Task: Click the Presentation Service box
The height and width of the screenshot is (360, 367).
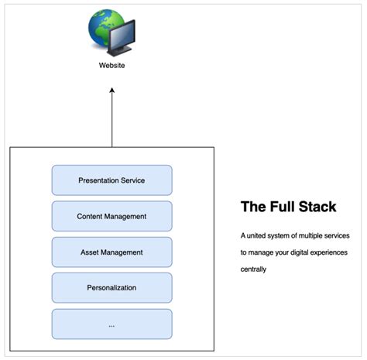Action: click(111, 180)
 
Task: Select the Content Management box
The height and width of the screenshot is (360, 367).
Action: click(111, 216)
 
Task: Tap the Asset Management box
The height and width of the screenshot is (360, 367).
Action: click(111, 252)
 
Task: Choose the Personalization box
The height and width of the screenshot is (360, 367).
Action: click(111, 288)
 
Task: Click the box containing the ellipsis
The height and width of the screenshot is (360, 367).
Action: click(111, 324)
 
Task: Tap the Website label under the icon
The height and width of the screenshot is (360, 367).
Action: click(111, 66)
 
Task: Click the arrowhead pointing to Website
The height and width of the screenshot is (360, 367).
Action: click(111, 90)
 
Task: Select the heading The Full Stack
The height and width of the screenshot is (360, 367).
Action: click(288, 207)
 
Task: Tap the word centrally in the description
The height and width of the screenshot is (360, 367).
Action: click(253, 270)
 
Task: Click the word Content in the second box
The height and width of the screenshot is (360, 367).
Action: click(91, 216)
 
